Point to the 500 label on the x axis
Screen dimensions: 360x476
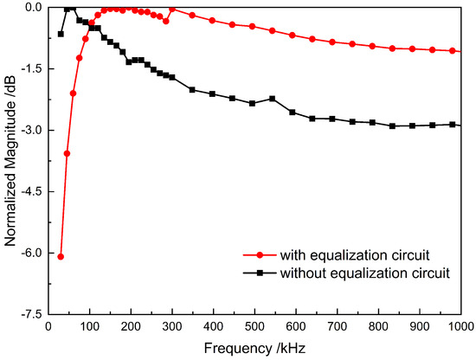253,327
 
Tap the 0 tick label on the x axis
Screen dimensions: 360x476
48,327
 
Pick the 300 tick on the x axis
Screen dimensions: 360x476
171,327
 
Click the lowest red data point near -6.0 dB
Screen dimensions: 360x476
61,256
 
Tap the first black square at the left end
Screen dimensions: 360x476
61,34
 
